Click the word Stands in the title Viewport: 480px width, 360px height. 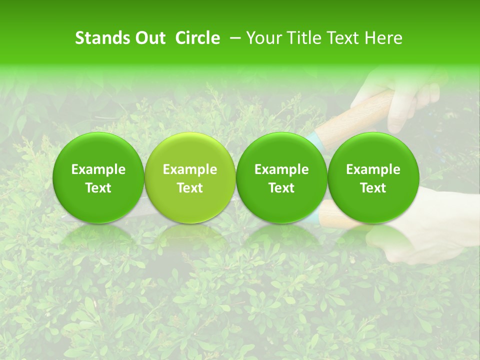101,38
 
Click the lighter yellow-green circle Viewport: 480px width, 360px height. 190,150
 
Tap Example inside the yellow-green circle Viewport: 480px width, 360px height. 190,169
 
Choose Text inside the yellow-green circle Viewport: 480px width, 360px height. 190,188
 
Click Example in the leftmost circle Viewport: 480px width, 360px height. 98,169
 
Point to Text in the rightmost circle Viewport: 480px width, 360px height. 373,188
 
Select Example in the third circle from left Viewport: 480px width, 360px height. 281,169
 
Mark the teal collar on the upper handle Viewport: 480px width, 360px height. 314,140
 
